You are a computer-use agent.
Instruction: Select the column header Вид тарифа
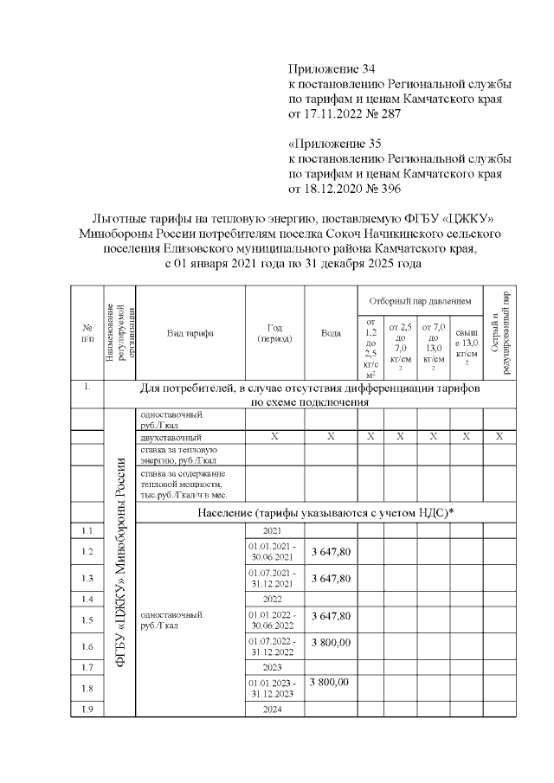(190, 332)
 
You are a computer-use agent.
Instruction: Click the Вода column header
(331, 332)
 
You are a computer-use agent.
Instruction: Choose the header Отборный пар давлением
(420, 301)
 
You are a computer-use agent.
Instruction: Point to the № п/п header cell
(87, 332)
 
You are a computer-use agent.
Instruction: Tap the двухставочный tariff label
(171, 437)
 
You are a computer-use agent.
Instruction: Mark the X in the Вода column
(331, 437)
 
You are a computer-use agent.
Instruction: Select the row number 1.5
(87, 619)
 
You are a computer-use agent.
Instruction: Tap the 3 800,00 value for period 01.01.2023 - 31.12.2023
(331, 683)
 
